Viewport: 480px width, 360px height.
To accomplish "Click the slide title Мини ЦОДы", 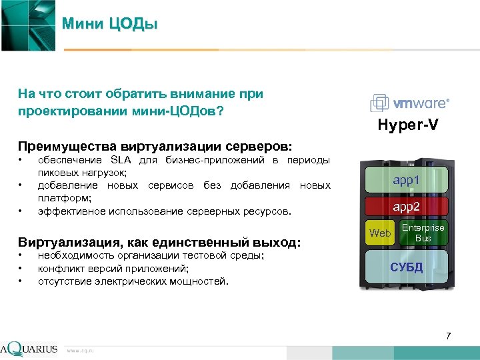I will tap(109, 25).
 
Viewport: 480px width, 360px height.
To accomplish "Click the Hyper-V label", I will tap(408, 125).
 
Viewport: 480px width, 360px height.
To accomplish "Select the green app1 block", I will tap(406, 180).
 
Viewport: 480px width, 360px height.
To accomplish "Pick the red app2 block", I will tap(406, 207).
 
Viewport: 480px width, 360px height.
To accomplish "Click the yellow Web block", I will tap(380, 233).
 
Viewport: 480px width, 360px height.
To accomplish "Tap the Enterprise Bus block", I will tap(423, 233).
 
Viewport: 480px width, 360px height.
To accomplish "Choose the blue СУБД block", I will tap(406, 268).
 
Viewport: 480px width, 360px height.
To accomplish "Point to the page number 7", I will tap(449, 335).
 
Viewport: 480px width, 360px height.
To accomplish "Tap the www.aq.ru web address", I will tap(81, 350).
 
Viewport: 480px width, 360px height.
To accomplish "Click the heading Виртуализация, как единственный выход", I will tap(159, 242).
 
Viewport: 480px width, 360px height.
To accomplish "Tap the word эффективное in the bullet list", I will tap(67, 211).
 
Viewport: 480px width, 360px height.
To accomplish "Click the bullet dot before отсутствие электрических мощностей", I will tap(21, 281).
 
